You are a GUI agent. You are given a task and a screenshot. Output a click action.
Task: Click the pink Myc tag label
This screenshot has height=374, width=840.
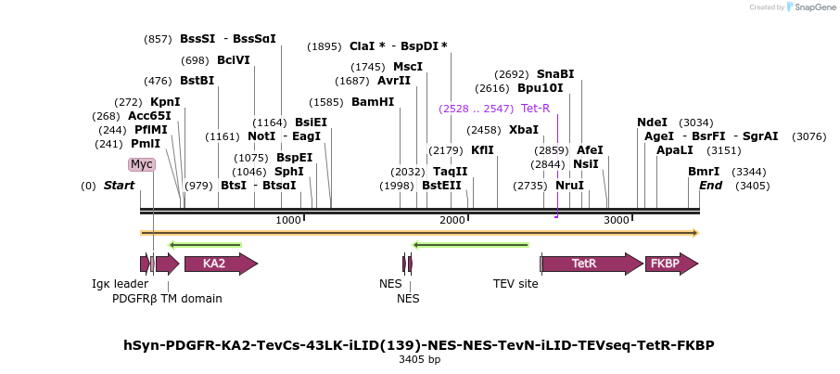click(141, 164)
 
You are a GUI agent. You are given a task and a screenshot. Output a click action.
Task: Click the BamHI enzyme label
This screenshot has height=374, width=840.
click(373, 102)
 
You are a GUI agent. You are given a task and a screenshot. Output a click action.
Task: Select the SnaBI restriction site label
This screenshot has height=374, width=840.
click(555, 74)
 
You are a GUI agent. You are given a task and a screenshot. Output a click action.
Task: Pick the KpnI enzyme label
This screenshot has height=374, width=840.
click(165, 102)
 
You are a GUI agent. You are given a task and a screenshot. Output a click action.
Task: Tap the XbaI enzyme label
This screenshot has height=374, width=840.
click(523, 130)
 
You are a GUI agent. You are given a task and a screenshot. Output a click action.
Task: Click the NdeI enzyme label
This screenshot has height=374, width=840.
click(652, 123)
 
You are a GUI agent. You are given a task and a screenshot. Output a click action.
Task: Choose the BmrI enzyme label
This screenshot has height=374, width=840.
click(704, 172)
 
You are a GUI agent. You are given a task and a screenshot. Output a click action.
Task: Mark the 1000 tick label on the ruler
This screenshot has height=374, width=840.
click(288, 220)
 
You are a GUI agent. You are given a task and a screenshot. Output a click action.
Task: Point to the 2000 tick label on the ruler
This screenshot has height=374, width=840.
click(452, 220)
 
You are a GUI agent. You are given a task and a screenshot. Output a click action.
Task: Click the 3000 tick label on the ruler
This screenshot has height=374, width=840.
click(616, 220)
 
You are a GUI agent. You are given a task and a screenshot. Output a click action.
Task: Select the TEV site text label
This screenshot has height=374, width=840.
click(515, 284)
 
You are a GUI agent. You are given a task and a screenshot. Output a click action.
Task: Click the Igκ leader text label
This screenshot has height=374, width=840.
click(120, 284)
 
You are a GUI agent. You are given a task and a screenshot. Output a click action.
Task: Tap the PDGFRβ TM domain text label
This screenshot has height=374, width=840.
click(167, 299)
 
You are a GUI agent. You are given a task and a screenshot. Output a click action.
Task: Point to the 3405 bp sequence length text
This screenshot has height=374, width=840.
click(419, 359)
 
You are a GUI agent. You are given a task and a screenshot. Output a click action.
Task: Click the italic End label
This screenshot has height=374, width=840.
click(710, 186)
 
